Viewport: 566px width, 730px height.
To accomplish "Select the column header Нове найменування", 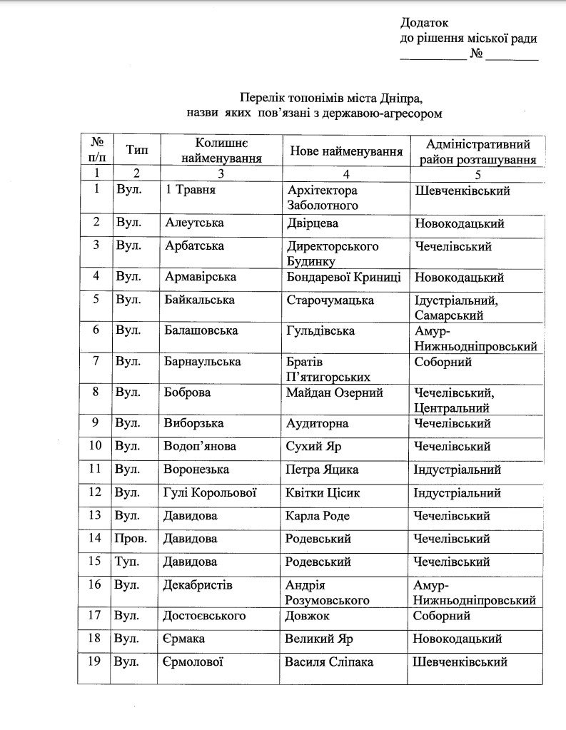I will click(346, 151).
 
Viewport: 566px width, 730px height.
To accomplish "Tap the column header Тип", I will click(136, 151).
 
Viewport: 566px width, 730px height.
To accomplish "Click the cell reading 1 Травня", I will click(190, 191).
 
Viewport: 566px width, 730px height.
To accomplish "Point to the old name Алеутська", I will click(194, 223).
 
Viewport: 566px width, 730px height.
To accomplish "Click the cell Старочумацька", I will click(330, 300).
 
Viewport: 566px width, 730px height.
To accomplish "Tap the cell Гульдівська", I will click(320, 331).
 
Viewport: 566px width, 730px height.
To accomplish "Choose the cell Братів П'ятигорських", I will click(327, 369).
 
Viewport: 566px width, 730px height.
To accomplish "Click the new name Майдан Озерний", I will click(334, 392).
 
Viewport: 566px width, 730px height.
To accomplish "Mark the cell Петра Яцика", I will click(321, 470).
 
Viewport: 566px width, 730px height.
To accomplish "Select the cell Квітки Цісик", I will click(322, 492).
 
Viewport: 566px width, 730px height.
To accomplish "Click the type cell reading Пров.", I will click(131, 538).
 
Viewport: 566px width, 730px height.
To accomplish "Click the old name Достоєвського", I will click(206, 615).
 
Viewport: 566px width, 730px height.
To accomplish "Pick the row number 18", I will click(96, 638).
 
